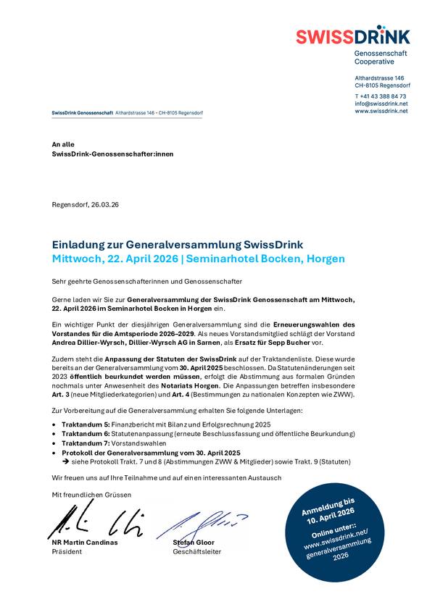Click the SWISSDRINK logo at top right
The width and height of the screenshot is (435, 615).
pos(352,36)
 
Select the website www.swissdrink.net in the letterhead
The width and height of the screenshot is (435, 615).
pos(381,111)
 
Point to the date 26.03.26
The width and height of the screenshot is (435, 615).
pos(105,205)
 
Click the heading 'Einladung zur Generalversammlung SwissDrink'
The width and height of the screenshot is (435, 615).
pos(177,244)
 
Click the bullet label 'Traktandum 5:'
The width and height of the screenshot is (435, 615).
pos(86,424)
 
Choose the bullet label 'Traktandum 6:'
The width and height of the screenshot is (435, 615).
pos(86,433)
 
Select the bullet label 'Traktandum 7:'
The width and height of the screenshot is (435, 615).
pos(86,443)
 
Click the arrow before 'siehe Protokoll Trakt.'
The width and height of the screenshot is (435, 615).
pos(65,461)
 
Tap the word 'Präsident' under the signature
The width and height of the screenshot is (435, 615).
pos(67,552)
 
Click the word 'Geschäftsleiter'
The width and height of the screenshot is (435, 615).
pos(196,552)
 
